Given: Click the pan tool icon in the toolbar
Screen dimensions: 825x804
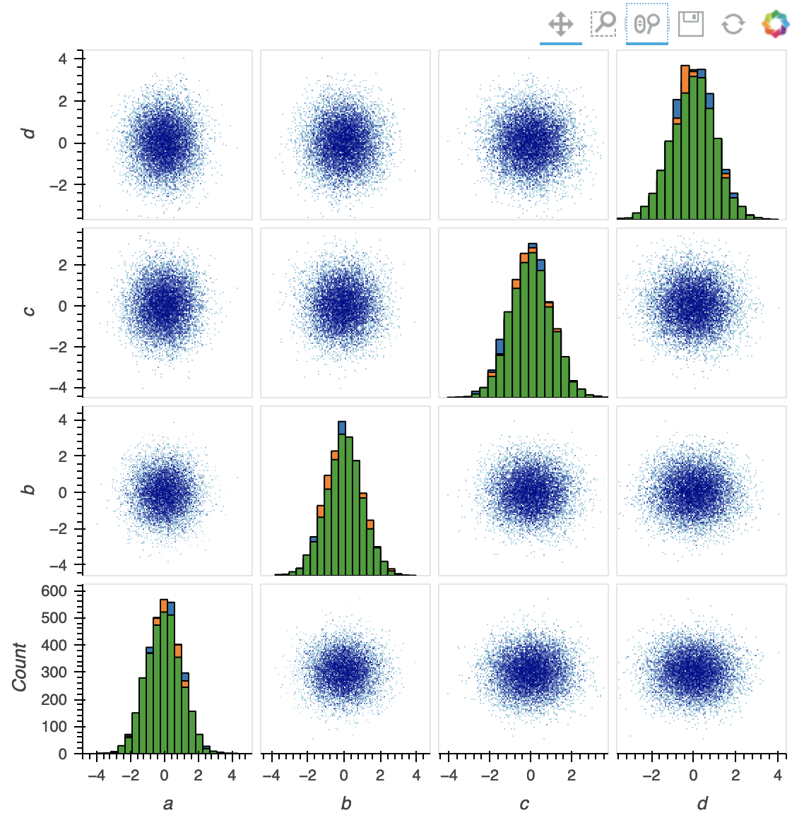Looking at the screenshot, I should (560, 24).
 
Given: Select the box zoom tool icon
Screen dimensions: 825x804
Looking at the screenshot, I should (603, 24).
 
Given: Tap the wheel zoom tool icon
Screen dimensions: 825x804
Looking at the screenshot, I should (646, 24).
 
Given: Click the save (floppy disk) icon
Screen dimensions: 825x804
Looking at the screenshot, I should (690, 24).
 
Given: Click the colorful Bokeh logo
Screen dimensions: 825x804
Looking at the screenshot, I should (775, 24).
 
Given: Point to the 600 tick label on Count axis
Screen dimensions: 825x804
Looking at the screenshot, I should (54, 591).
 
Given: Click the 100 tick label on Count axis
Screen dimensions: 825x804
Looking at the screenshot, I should (54, 727).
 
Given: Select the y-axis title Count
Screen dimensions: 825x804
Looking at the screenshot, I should (19, 667).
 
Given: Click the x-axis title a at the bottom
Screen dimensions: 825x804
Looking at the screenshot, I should (167, 803).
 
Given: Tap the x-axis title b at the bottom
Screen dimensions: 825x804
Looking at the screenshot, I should (345, 803).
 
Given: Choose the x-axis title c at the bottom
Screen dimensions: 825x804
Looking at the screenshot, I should (524, 803).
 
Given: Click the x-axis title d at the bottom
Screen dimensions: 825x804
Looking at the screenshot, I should (702, 803).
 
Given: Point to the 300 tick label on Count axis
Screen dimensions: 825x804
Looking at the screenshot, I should (54, 672).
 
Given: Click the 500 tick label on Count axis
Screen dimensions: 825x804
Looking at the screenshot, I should (54, 618).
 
